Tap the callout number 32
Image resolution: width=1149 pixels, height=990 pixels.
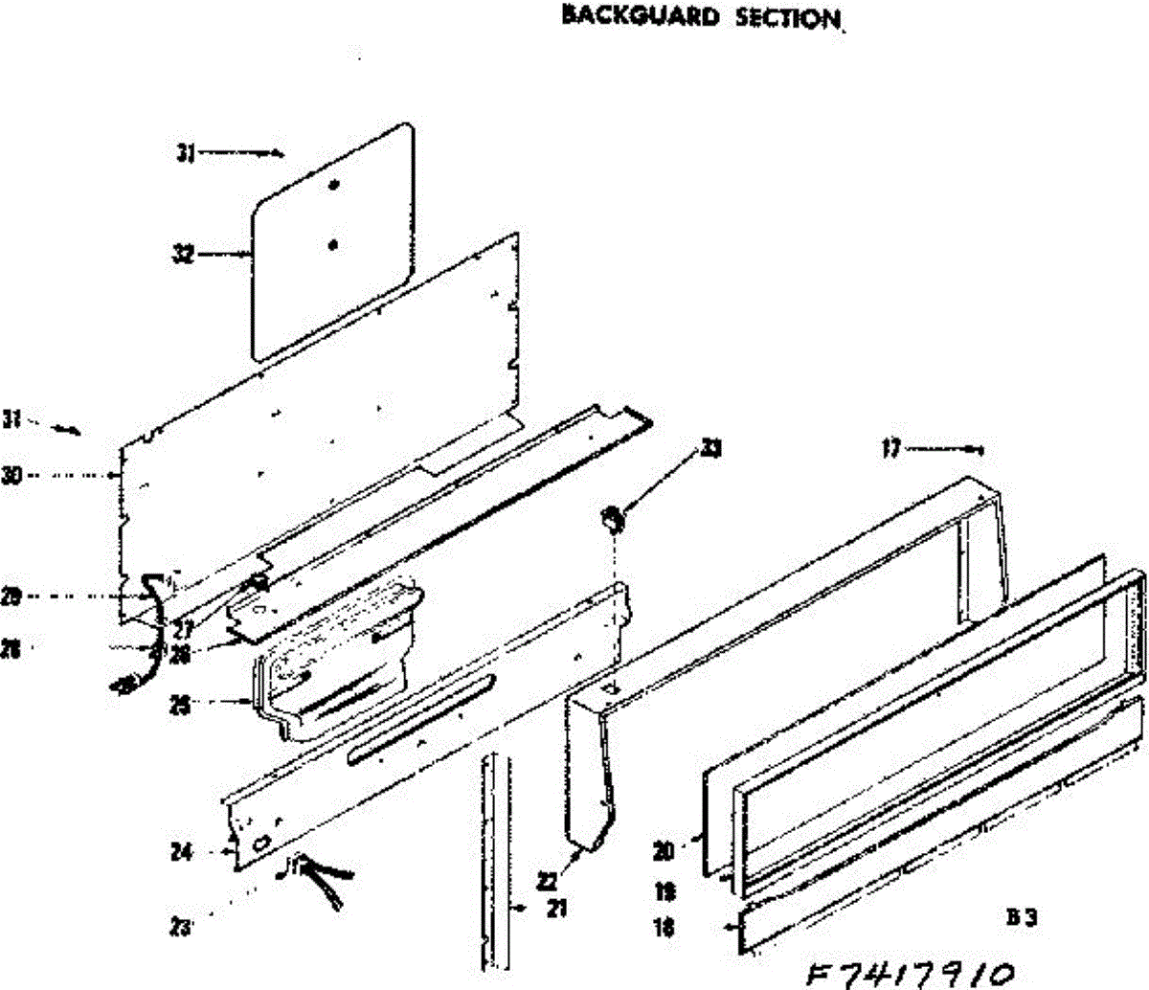point(183,255)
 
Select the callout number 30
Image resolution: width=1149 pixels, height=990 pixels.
point(11,475)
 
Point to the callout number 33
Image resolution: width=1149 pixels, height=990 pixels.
point(710,448)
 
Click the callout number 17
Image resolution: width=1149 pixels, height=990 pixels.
point(891,448)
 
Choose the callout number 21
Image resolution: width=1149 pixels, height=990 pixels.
point(556,909)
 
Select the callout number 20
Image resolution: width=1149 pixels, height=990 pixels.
point(664,848)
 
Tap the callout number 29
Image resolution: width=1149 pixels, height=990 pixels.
point(11,597)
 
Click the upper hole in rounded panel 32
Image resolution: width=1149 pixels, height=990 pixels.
point(333,185)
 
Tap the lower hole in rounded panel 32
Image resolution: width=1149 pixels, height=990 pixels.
point(332,245)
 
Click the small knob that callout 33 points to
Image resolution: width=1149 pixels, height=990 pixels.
point(612,520)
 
